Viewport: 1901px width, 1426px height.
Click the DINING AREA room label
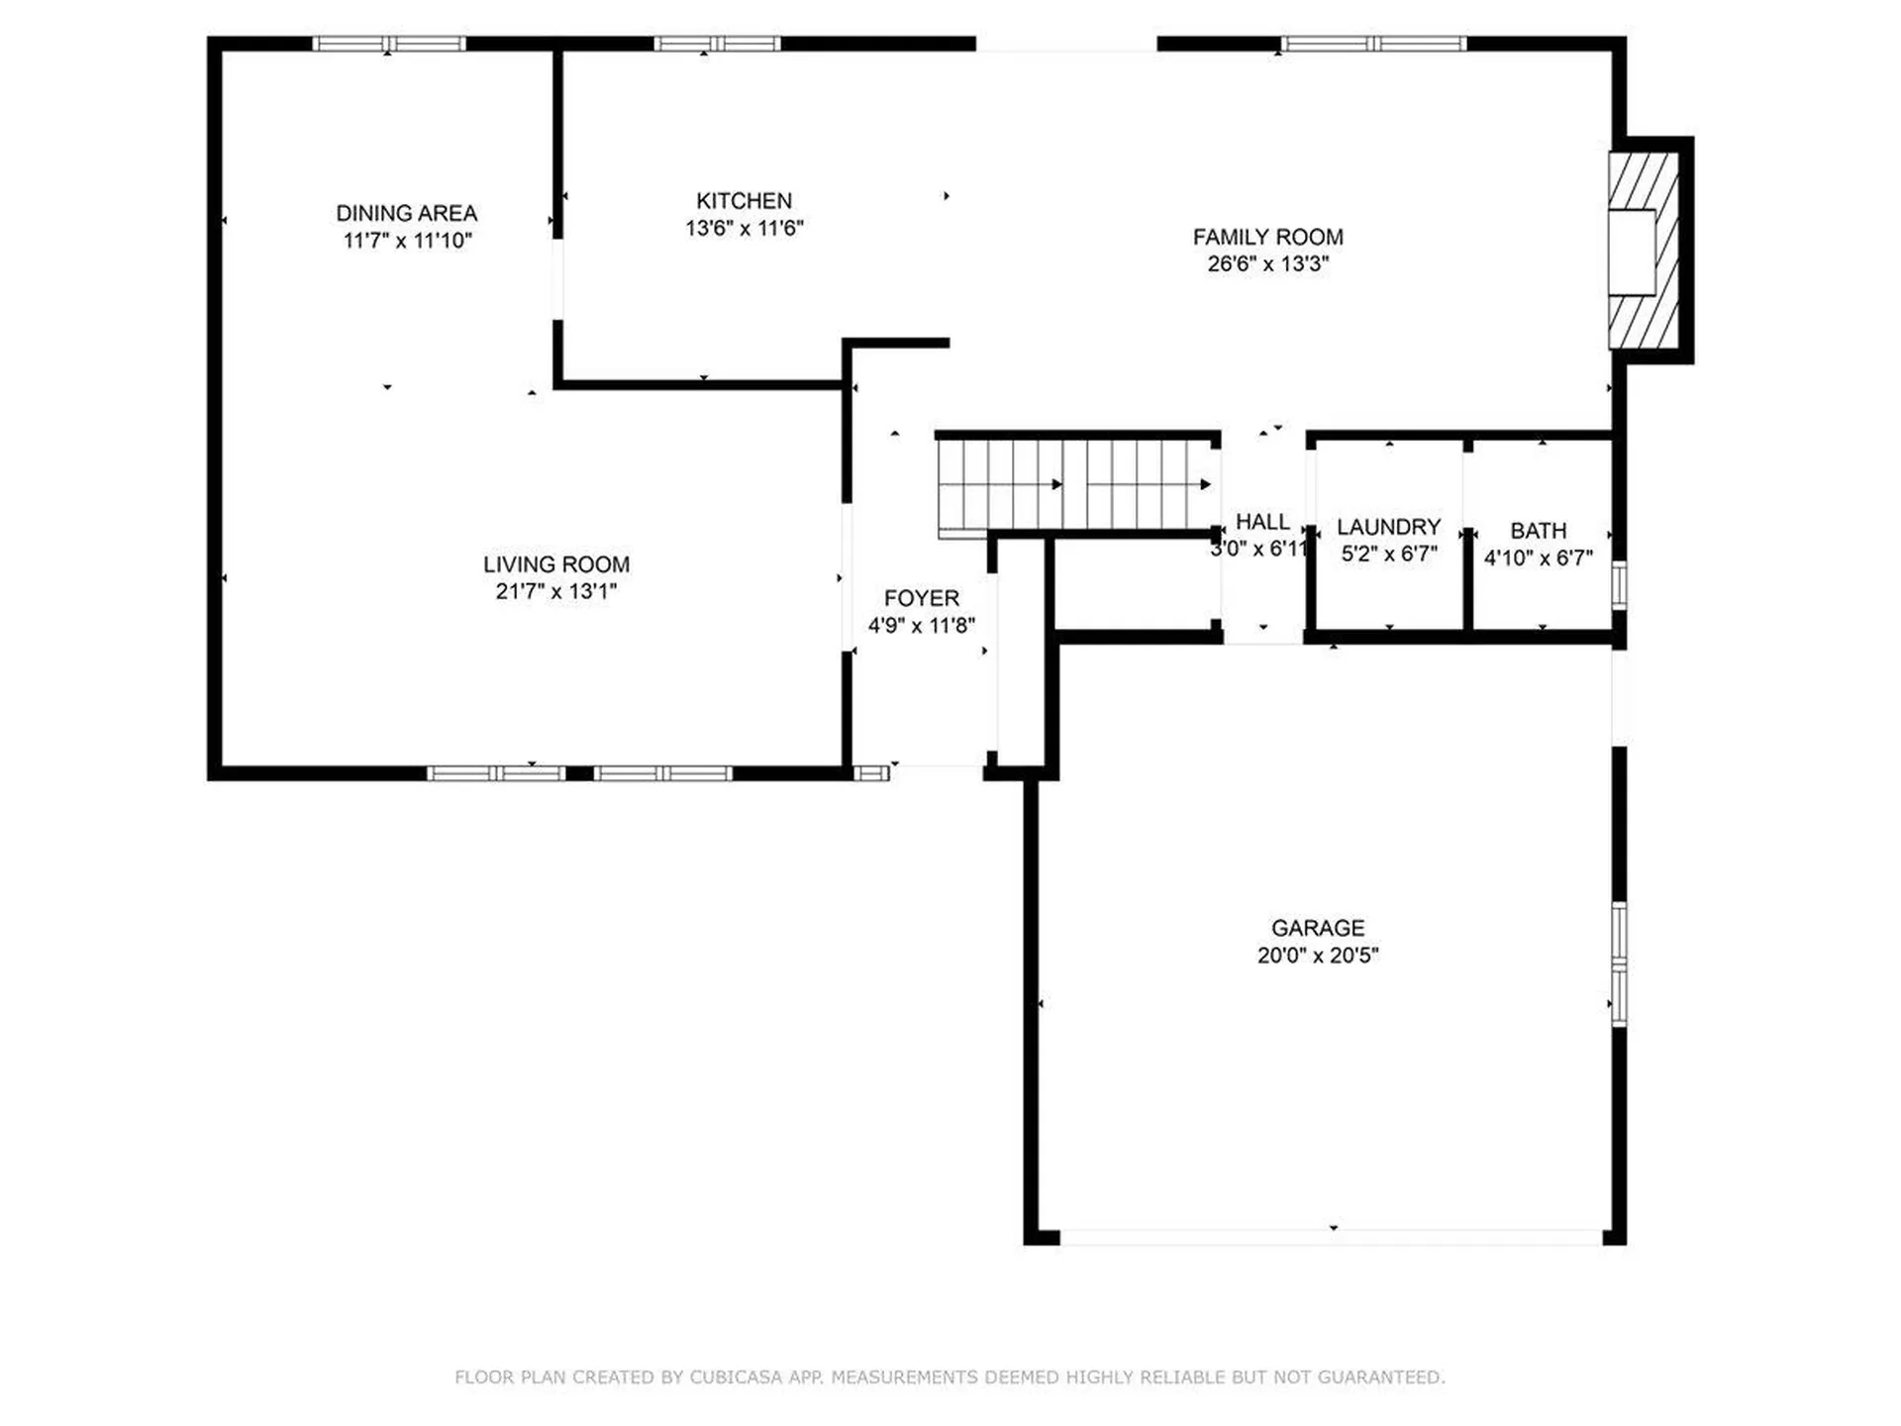(x=406, y=213)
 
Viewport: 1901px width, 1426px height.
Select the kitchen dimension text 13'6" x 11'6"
(x=744, y=228)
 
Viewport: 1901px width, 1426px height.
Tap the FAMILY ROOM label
(x=1267, y=237)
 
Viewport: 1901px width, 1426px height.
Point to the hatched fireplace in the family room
(x=1643, y=251)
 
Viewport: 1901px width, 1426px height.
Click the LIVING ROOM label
(x=555, y=564)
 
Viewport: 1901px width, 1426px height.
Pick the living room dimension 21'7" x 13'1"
(x=555, y=591)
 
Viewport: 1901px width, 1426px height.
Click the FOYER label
(x=921, y=598)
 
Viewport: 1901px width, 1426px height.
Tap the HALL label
(x=1262, y=522)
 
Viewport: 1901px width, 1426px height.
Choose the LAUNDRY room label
(x=1388, y=527)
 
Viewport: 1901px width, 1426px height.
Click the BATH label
(x=1538, y=531)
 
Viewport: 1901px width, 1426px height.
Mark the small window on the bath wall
(x=1619, y=584)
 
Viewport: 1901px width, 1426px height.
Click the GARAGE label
(x=1317, y=928)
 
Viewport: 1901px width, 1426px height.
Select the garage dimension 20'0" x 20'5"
(x=1317, y=956)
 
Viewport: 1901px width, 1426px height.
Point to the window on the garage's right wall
(x=1619, y=963)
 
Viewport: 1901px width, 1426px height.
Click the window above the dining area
(x=389, y=44)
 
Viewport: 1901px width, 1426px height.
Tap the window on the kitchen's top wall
(x=717, y=44)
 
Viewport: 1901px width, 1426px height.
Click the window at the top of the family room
(x=1372, y=44)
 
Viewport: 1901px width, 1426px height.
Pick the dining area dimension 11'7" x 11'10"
(x=407, y=241)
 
